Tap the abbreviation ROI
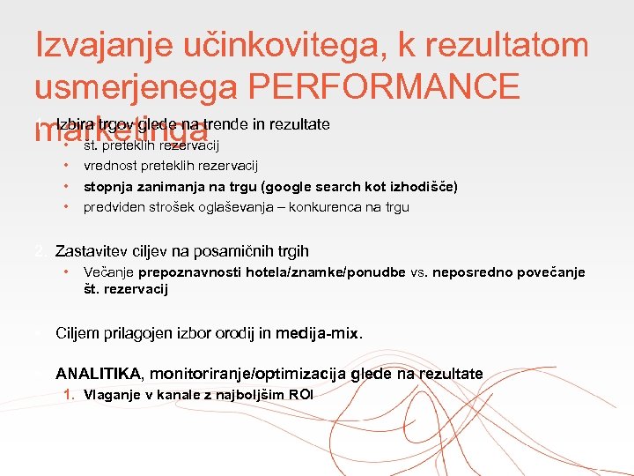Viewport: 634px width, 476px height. [x=299, y=395]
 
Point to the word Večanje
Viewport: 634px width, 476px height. [x=107, y=272]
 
